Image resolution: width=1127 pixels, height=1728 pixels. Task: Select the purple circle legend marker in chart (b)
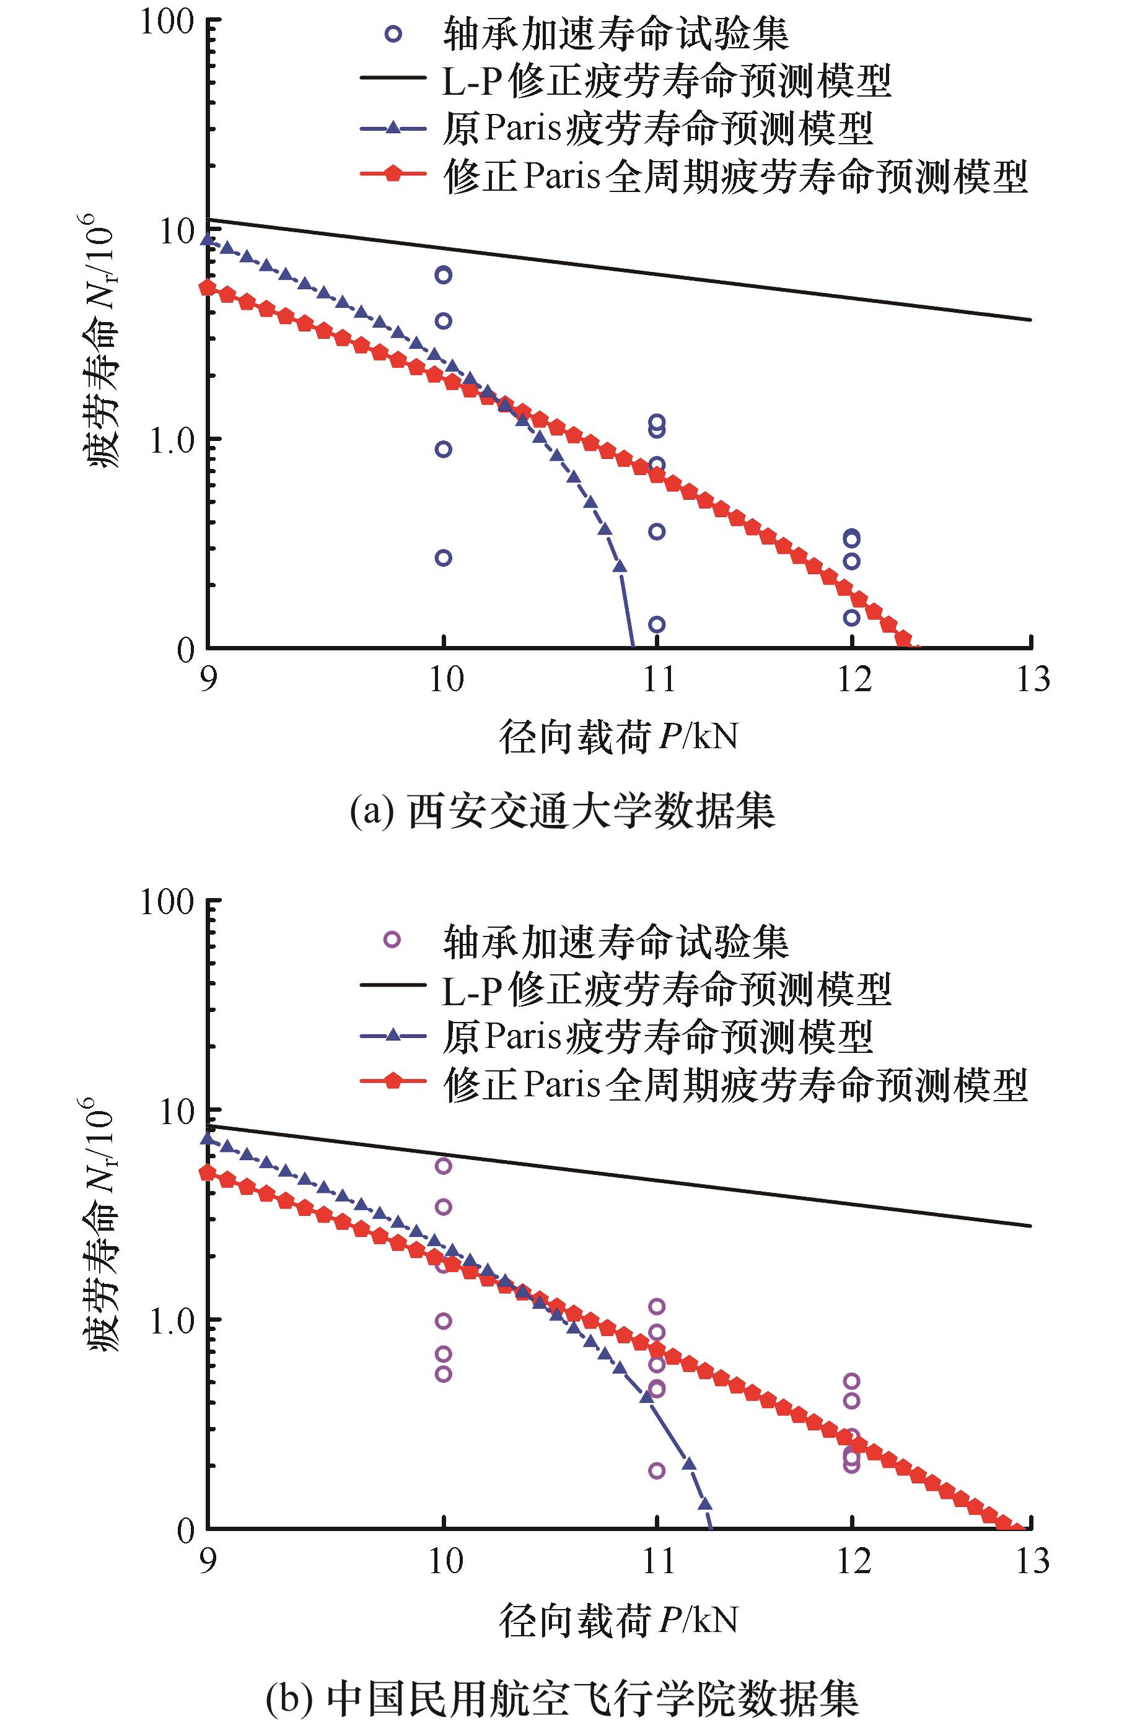coord(392,941)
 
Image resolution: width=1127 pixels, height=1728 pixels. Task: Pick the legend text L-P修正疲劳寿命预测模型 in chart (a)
coord(666,81)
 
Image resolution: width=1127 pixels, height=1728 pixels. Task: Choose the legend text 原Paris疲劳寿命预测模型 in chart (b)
coord(657,1037)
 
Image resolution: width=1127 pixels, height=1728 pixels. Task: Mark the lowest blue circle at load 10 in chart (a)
coord(443,557)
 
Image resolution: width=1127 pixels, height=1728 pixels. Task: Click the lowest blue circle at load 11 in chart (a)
coord(657,624)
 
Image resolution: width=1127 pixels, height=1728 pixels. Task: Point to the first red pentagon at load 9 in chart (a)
coord(208,287)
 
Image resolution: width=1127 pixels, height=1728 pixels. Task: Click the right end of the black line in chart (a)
coord(1030,320)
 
